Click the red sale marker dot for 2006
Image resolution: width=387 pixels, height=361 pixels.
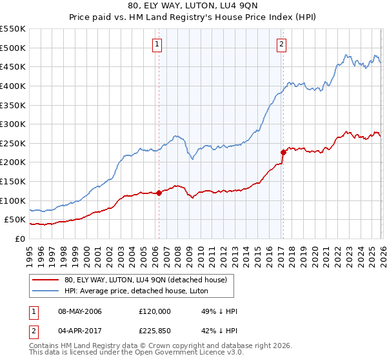tap(159, 193)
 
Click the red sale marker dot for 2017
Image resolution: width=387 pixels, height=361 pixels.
tap(283, 152)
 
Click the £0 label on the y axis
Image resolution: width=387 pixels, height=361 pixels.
tap(19, 239)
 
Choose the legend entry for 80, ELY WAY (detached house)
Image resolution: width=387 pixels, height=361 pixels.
tap(145, 280)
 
